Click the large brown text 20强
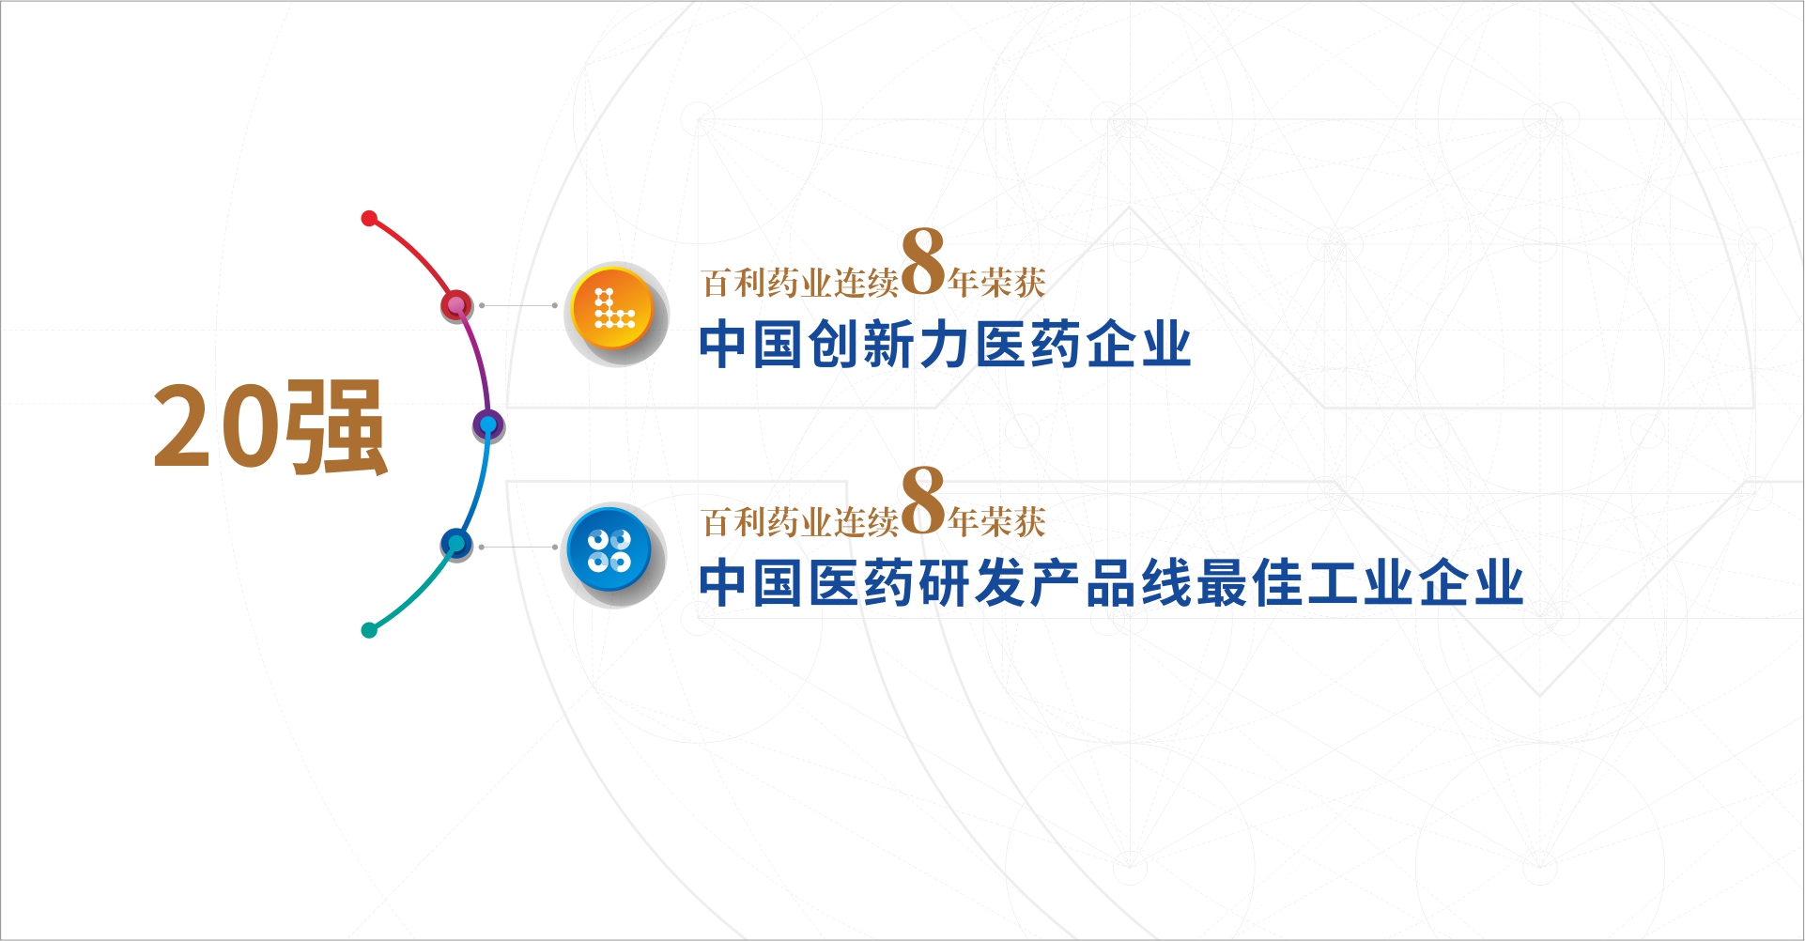270,427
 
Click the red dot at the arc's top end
369,219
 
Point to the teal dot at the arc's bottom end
369,630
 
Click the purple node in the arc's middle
488,425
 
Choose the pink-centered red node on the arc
456,305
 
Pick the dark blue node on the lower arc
456,544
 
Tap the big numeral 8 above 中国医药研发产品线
923,501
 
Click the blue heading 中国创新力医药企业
945,344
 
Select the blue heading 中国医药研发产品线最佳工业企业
1111,583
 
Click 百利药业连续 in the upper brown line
800,283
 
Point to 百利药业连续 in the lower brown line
800,522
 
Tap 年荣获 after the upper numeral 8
996,283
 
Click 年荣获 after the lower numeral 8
996,522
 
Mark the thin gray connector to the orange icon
518,305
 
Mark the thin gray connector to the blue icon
518,547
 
